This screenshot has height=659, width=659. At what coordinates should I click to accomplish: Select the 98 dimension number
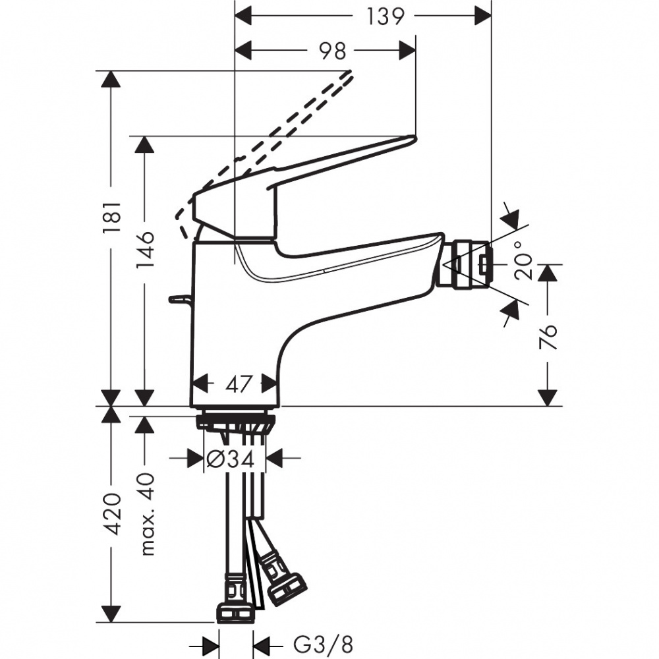(x=334, y=51)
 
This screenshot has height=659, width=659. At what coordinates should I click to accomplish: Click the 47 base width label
(x=235, y=384)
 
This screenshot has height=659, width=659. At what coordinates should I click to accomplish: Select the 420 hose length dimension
(x=113, y=514)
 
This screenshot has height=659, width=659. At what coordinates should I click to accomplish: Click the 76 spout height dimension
(x=548, y=337)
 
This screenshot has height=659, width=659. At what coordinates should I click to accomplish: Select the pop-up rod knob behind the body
(x=178, y=299)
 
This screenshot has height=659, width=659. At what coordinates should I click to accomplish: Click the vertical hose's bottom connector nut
(x=234, y=612)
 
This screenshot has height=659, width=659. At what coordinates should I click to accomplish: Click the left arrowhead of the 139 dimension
(x=244, y=16)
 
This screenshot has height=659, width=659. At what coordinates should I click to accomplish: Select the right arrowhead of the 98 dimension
(x=407, y=51)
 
